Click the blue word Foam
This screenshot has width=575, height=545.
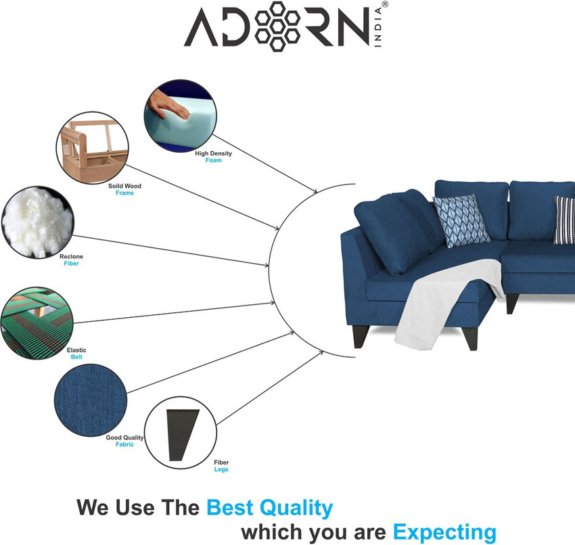214,160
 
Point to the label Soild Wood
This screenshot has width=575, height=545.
124,185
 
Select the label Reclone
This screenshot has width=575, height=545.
72,256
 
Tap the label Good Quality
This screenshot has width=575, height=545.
125,437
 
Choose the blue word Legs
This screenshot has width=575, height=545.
221,469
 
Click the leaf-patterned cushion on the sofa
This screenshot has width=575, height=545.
461,220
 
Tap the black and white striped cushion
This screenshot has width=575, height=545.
565,220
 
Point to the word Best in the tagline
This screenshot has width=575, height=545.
233,507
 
